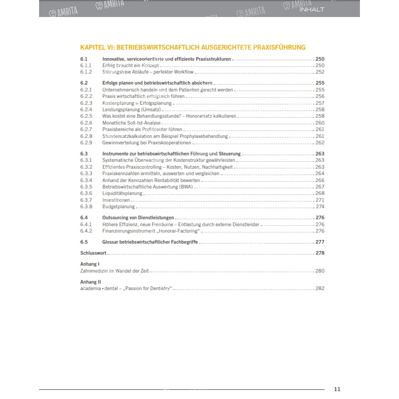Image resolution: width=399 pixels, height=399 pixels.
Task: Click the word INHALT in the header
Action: point(312,9)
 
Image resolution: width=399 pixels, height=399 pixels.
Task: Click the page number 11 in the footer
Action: point(337,389)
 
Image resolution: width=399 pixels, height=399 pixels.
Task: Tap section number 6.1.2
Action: point(86,72)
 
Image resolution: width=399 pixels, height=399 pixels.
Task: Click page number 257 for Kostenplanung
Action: point(320,103)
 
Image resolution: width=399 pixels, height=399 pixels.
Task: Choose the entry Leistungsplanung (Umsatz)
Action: point(131,110)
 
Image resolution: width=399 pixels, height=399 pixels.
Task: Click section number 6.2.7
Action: point(86,130)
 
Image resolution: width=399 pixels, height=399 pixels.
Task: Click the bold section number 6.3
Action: point(84,154)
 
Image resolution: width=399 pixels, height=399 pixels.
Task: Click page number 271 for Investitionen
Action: point(320,200)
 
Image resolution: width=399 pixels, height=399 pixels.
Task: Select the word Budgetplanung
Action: point(119,207)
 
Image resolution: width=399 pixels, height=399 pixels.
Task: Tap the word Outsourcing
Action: point(117,218)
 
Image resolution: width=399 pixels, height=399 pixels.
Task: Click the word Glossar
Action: point(111,242)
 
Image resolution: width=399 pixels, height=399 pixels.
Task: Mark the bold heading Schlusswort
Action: point(93,253)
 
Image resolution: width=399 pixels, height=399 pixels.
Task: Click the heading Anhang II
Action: point(91,282)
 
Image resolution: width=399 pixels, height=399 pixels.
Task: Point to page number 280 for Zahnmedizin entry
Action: point(320,271)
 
